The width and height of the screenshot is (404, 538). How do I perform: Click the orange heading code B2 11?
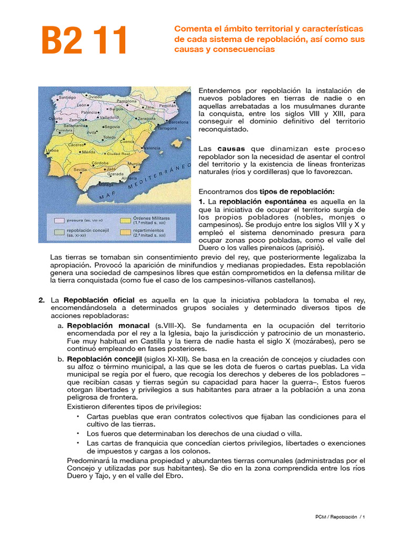coord(85,40)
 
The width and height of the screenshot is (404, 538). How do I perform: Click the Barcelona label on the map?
coord(178,122)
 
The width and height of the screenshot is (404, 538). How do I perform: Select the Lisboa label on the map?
coord(52,150)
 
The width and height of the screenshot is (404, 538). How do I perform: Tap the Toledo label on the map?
coord(109,137)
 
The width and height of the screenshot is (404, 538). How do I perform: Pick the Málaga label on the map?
coord(107,185)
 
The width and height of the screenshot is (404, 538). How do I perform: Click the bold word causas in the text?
coord(231,149)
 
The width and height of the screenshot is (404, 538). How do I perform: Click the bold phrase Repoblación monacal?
coord(108,326)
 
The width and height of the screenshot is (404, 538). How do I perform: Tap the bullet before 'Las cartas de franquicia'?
coord(78,443)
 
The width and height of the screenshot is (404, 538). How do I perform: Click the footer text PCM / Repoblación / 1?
coord(337,518)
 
